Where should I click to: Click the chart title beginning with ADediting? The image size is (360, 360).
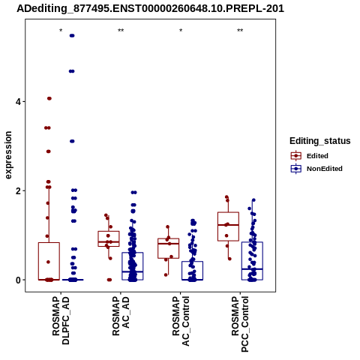tap(150, 8)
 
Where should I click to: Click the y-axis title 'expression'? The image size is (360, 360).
tap(8, 155)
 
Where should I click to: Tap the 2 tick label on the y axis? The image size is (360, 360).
tap(18, 190)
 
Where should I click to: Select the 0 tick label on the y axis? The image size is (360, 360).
tap(18, 280)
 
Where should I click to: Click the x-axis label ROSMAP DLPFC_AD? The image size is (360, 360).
tap(61, 321)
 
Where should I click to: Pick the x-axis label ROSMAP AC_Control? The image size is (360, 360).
tap(181, 321)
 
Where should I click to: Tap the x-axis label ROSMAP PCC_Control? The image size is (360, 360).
tap(240, 324)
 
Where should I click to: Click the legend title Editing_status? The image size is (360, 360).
tap(320, 141)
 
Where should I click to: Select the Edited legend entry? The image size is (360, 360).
tap(309, 156)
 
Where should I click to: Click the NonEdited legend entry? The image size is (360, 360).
tap(316, 169)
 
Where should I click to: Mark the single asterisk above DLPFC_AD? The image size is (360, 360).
tap(61, 31)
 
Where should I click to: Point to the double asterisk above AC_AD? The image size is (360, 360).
tap(121, 31)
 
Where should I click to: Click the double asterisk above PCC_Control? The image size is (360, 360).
tap(240, 31)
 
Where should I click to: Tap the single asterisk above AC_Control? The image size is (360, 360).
tap(181, 31)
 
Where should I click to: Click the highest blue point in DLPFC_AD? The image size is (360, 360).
tap(72, 35)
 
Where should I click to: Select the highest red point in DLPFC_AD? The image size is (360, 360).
tap(49, 98)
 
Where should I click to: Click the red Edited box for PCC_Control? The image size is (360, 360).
tap(228, 226)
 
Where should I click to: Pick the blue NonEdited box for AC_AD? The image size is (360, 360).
tap(133, 266)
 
